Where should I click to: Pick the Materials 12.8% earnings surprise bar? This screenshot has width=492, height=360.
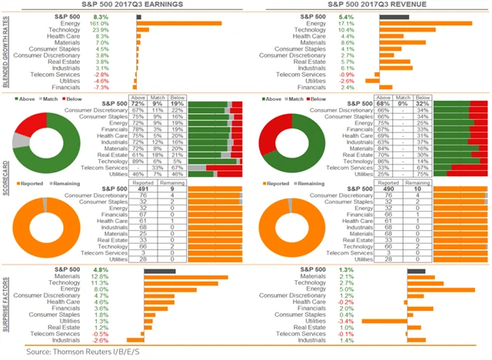pyautogui.click(x=181, y=276)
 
